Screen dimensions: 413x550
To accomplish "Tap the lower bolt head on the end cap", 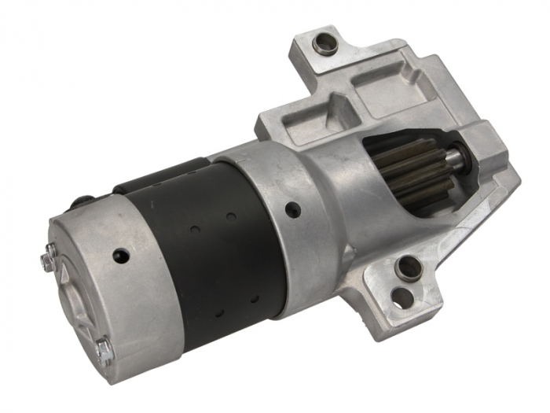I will tap(103, 348).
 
